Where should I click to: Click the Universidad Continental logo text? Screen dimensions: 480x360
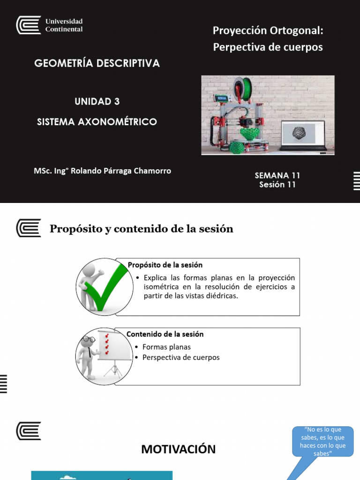pyautogui.click(x=63, y=25)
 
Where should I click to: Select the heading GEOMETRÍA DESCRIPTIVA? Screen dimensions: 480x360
pyautogui.click(x=97, y=63)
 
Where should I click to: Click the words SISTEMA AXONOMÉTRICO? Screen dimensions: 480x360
pyautogui.click(x=97, y=122)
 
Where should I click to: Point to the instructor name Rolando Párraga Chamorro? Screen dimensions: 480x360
pyautogui.click(x=102, y=171)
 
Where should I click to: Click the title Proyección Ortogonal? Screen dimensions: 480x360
pyautogui.click(x=268, y=31)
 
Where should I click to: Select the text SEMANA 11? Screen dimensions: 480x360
pyautogui.click(x=277, y=175)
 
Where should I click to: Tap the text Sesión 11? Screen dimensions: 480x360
pyautogui.click(x=277, y=185)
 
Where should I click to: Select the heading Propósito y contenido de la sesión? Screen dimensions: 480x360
pyautogui.click(x=141, y=229)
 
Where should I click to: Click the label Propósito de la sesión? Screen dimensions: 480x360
pyautogui.click(x=165, y=265)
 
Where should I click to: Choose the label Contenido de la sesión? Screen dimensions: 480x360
pyautogui.click(x=165, y=334)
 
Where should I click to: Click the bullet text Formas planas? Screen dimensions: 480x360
pyautogui.click(x=166, y=347)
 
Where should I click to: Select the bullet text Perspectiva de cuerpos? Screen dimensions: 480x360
pyautogui.click(x=181, y=357)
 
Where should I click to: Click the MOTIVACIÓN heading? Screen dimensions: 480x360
pyautogui.click(x=179, y=449)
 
